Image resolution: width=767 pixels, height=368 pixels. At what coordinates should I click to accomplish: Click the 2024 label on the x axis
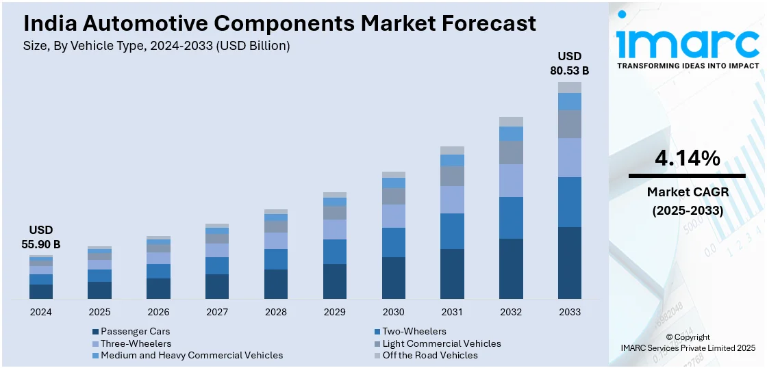pos(41,312)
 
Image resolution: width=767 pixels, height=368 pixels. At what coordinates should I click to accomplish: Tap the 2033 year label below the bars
pos(569,312)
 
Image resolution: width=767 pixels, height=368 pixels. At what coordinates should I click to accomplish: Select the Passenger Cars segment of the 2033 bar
pos(569,263)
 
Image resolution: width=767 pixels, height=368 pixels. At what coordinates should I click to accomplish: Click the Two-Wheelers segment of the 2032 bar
pos(511,218)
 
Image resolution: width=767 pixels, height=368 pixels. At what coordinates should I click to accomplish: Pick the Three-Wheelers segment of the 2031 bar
pos(452,200)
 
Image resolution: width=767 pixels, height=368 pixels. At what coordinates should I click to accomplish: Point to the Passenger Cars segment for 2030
pos(393,278)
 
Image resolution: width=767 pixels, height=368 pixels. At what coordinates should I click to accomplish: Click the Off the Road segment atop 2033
pos(569,88)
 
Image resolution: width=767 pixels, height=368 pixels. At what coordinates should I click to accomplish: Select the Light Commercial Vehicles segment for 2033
pos(569,124)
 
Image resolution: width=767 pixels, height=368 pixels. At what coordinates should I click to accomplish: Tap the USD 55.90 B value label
pos(41,237)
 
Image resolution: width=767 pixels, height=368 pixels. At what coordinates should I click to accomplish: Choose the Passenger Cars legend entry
pos(135,332)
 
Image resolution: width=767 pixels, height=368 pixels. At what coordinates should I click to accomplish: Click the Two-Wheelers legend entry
pos(414,332)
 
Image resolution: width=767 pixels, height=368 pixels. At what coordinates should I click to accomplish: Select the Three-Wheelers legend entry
pos(136,343)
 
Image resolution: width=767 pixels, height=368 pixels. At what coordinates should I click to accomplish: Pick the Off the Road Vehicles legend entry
pos(430,355)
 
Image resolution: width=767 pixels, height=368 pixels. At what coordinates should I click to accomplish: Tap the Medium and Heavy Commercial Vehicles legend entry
pos(191,355)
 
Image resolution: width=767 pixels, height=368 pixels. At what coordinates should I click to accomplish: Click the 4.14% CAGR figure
pos(687,159)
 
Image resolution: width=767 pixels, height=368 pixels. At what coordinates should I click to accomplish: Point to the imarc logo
pos(688,41)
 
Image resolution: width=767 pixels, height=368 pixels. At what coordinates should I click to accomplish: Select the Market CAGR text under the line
pos(688,192)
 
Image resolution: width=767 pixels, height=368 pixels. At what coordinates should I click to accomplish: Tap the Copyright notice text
pos(688,337)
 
